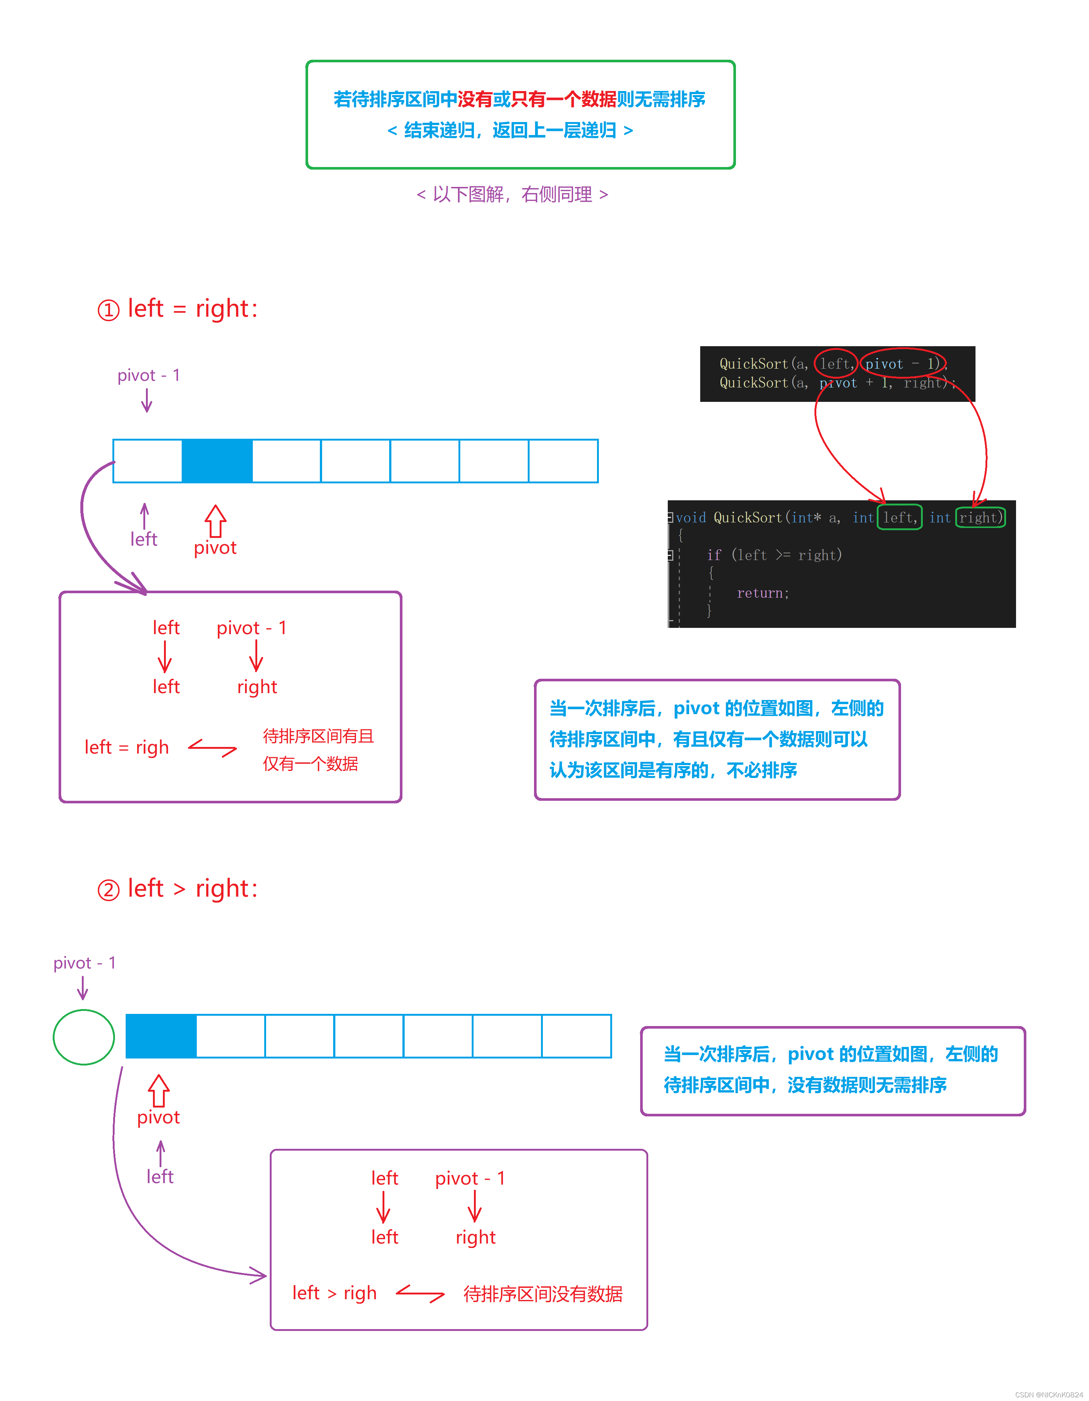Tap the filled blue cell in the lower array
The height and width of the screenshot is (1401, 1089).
click(x=161, y=1036)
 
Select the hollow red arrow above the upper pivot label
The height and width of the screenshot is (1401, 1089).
click(x=216, y=521)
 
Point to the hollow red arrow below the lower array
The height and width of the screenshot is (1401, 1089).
click(x=159, y=1091)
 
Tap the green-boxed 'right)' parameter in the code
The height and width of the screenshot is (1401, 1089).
click(x=980, y=517)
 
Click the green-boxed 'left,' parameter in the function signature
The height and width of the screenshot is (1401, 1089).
click(x=899, y=517)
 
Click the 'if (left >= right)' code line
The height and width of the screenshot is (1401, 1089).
click(x=774, y=555)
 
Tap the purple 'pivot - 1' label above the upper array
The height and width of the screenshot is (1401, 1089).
click(x=149, y=375)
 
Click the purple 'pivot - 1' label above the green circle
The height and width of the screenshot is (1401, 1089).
click(x=85, y=963)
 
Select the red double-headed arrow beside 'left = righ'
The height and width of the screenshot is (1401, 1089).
click(x=212, y=747)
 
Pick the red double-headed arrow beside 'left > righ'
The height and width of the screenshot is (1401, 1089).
click(x=420, y=1293)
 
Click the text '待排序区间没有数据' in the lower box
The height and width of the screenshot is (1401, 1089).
click(x=542, y=1294)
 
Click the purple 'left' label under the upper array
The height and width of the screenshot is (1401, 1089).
click(x=144, y=539)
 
